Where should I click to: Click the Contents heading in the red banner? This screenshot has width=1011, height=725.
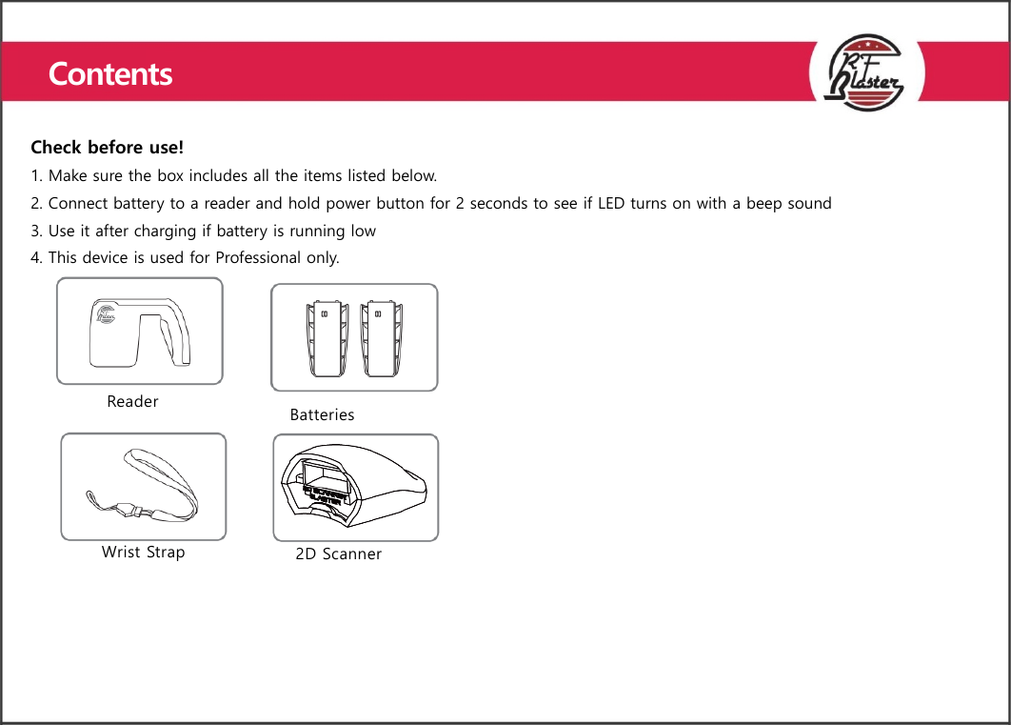tap(110, 73)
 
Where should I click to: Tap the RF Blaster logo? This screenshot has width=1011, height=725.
tap(867, 72)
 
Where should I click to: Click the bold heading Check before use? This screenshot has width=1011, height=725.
tap(107, 148)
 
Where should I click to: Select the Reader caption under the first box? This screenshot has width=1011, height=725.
tap(132, 401)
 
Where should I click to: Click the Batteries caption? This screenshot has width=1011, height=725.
tap(322, 414)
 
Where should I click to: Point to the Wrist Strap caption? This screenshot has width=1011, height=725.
tap(143, 552)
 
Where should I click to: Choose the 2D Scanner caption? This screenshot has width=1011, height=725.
tap(338, 554)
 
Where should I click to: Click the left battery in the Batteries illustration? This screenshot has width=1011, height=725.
tap(326, 337)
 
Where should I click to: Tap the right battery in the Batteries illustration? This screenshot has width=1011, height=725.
tap(383, 337)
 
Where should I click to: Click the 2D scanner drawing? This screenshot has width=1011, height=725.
tap(355, 487)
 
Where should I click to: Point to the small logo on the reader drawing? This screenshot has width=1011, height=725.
tap(106, 316)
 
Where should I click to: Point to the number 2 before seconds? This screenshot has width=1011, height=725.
tap(460, 203)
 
